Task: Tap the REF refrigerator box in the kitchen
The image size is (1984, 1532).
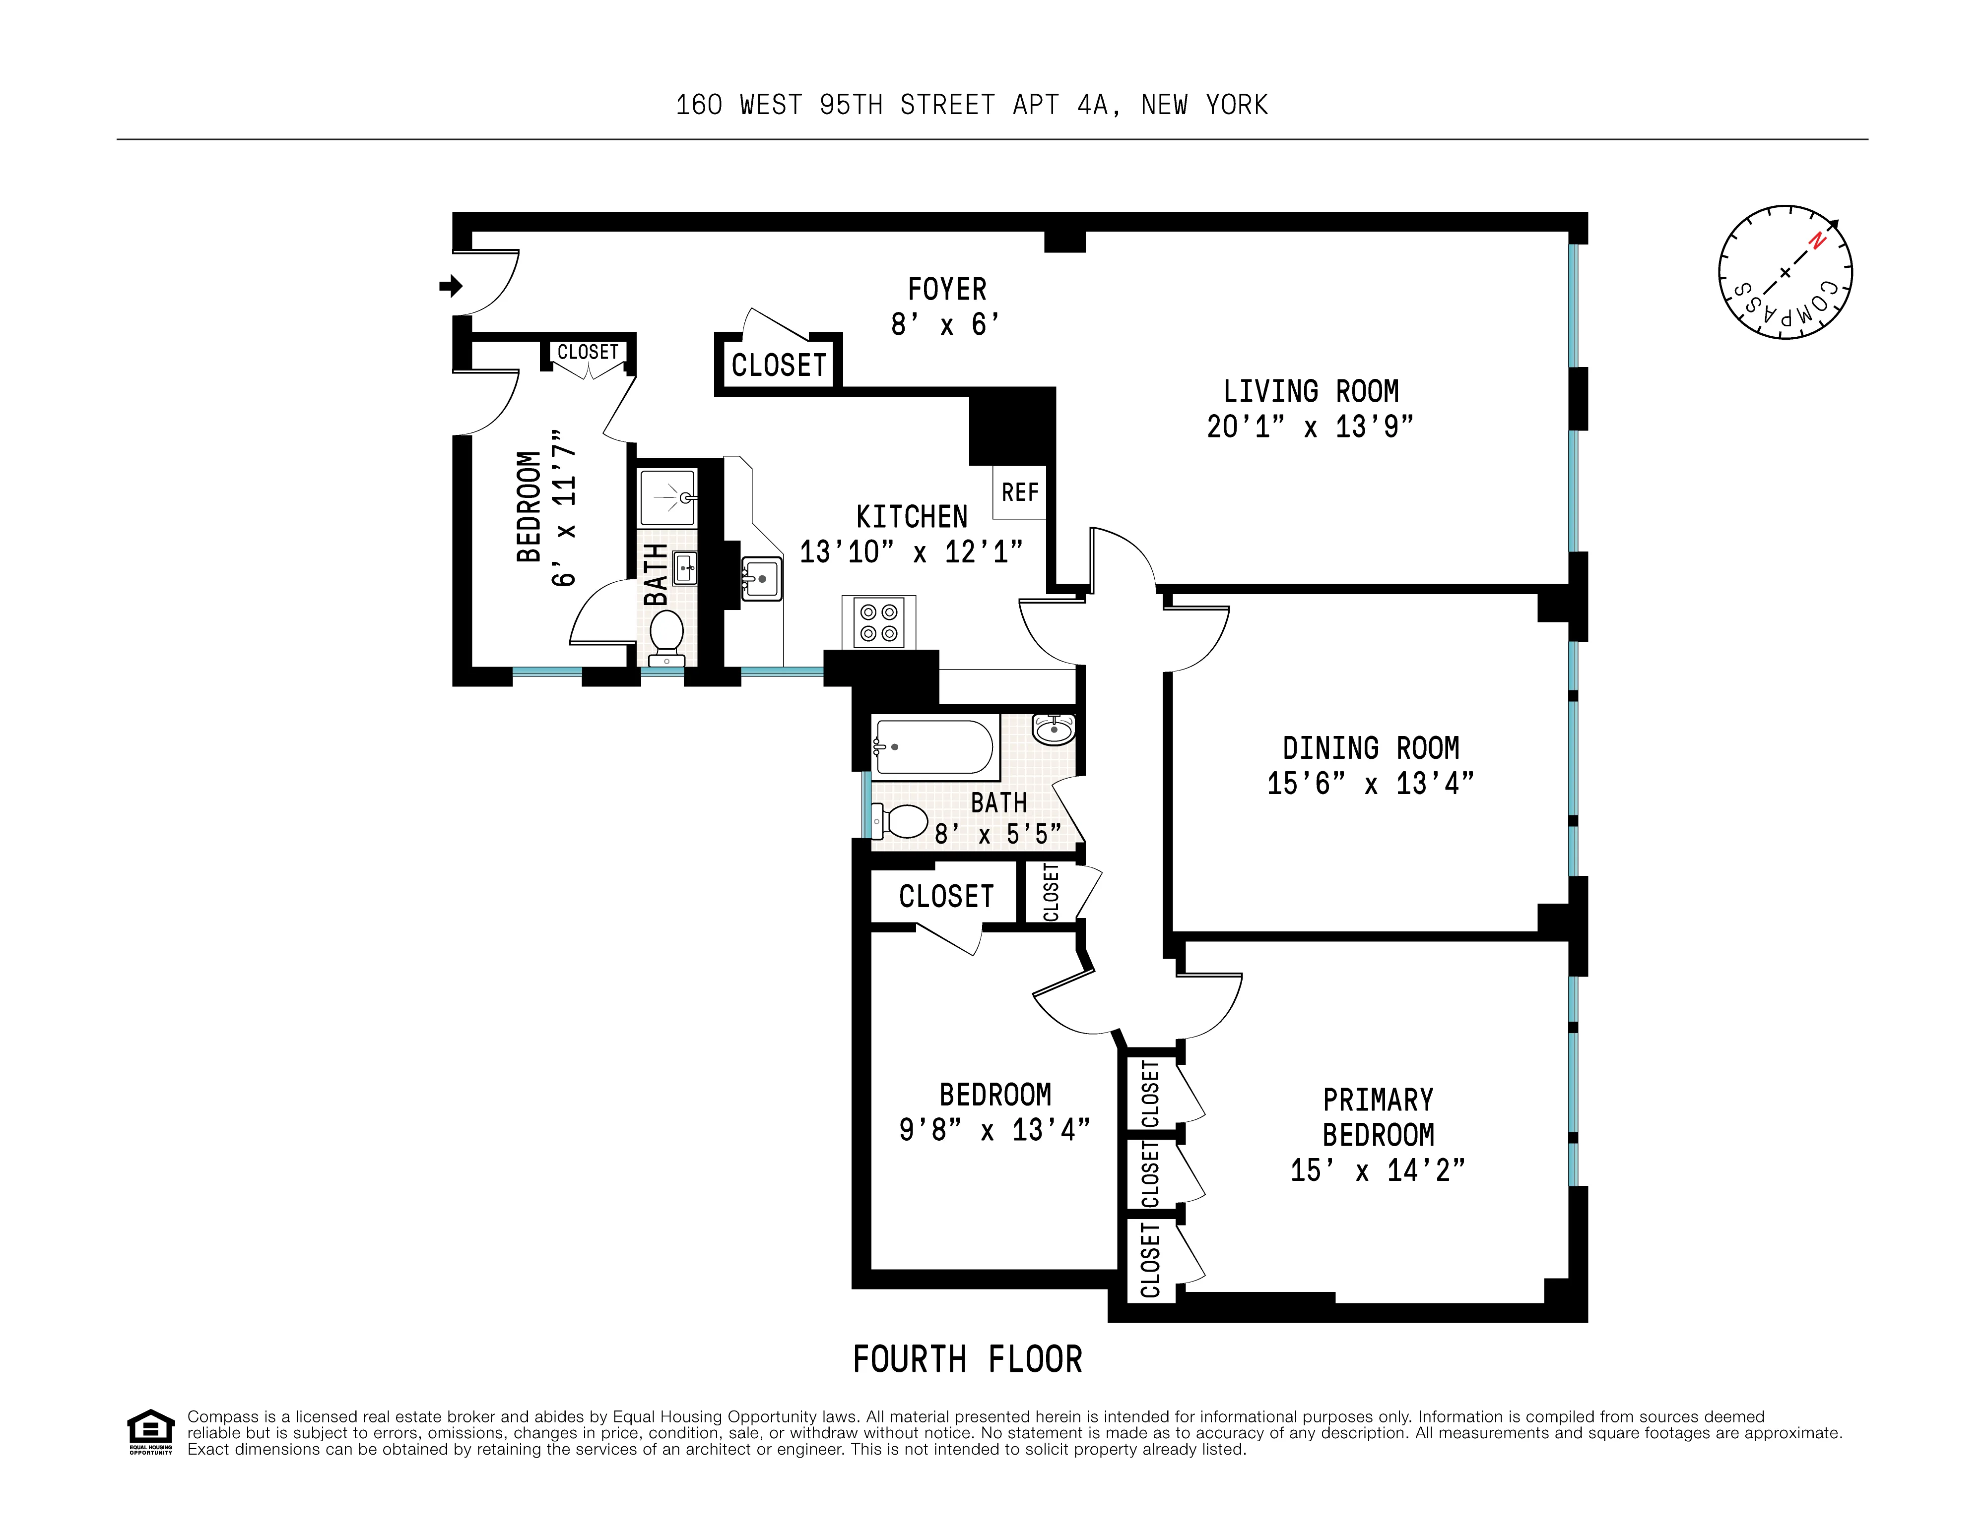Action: click(x=1019, y=492)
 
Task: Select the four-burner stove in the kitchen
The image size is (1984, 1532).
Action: click(x=878, y=623)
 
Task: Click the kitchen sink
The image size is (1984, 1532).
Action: click(x=761, y=578)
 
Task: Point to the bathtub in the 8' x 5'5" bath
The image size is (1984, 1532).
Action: click(x=934, y=746)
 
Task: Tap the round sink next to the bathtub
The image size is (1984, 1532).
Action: click(x=1054, y=729)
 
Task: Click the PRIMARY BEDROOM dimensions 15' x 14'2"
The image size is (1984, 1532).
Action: click(x=1377, y=1170)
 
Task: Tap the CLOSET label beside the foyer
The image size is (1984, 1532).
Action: click(x=779, y=365)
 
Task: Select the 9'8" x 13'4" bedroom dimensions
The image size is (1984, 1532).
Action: click(x=994, y=1130)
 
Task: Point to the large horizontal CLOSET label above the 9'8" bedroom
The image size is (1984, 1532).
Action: click(x=946, y=896)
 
